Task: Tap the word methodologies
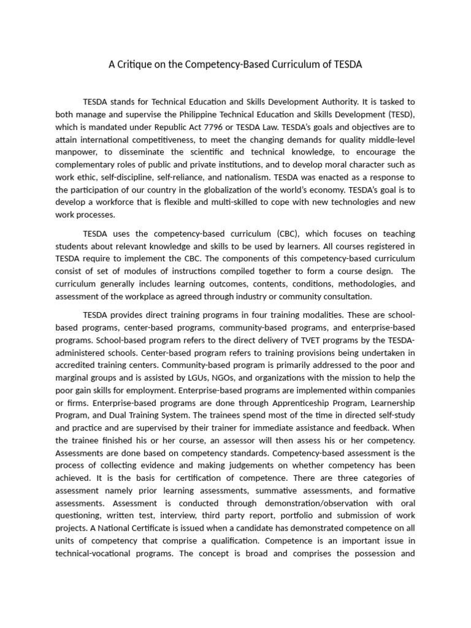(364, 284)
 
